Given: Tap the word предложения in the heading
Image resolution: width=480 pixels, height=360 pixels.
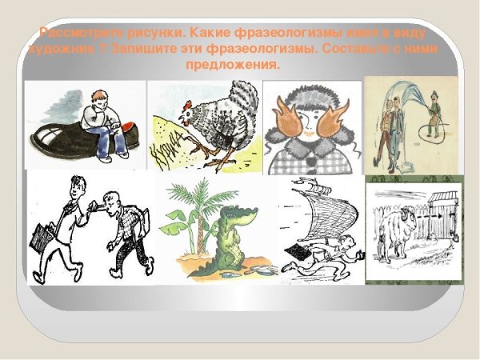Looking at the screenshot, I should (239, 65).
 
